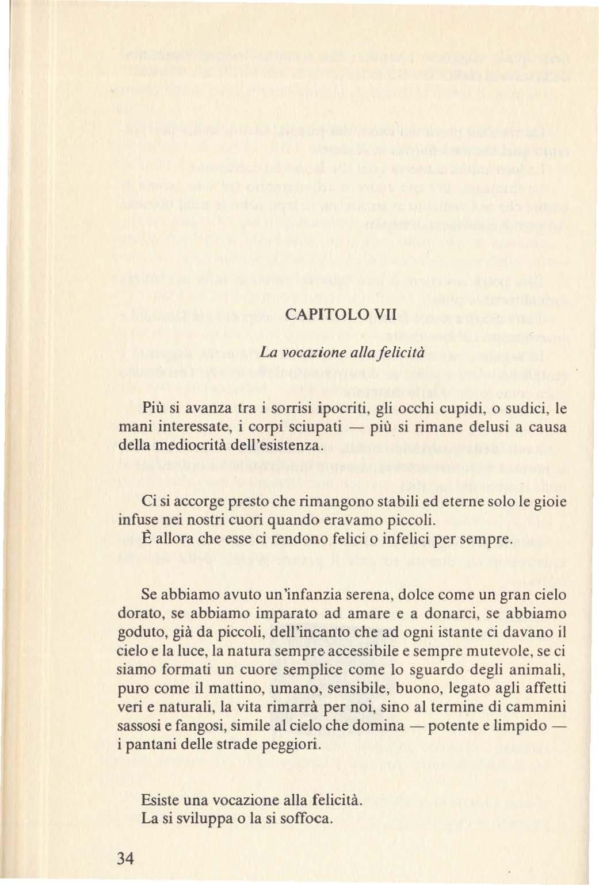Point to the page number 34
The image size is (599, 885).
tap(125, 859)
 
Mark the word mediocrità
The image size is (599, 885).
tap(184, 446)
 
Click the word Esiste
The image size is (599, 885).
tap(159, 800)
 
